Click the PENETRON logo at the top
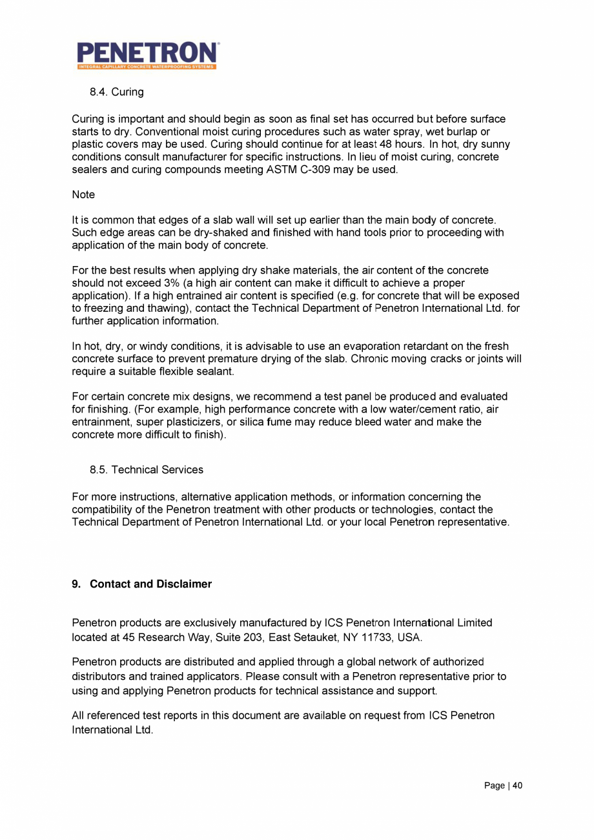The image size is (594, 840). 147,52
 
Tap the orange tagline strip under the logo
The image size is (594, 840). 147,67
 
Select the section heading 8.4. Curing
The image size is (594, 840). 116,92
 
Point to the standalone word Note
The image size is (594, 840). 83,193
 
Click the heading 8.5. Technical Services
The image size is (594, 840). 147,470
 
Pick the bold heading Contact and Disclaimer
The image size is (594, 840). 151,584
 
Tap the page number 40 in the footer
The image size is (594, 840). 517,785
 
